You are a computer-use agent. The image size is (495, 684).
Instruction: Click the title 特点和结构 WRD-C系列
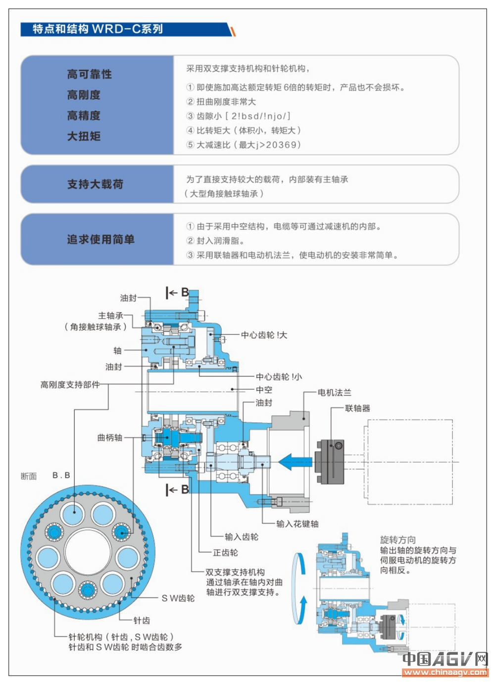tap(98, 29)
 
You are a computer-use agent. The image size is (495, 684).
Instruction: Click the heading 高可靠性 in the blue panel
tap(90, 74)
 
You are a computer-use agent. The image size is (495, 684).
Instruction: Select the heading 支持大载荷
tap(95, 184)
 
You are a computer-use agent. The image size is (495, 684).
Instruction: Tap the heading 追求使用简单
tap(101, 240)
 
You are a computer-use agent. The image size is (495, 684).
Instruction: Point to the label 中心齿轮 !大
tap(264, 335)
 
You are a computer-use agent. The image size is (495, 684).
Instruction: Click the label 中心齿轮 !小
tap(279, 377)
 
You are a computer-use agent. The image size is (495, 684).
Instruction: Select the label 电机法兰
tap(335, 393)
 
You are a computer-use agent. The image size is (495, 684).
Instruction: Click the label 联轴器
tap(357, 409)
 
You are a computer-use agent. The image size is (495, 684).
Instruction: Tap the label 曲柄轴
tap(109, 438)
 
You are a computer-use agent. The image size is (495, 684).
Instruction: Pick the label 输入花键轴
tap(297, 524)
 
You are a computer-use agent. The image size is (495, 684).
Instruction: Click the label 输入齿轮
tap(242, 537)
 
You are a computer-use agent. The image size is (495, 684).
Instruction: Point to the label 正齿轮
tap(225, 553)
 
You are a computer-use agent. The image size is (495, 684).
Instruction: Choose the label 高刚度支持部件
tap(70, 385)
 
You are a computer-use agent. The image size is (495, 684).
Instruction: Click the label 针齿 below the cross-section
tap(142, 621)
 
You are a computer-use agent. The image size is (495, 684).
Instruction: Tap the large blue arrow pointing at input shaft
tap(295, 462)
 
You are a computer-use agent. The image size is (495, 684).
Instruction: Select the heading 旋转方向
tap(398, 540)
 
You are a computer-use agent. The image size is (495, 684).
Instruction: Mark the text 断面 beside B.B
tap(29, 476)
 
